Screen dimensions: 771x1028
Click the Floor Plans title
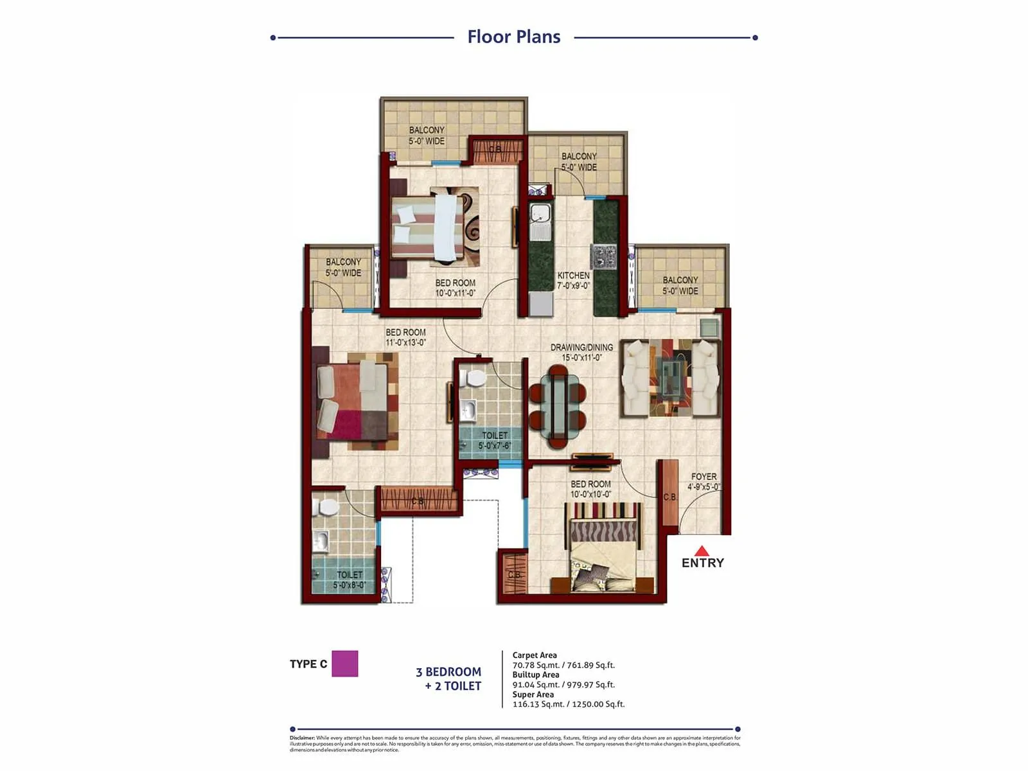(513, 37)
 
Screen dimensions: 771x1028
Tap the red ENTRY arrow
(702, 551)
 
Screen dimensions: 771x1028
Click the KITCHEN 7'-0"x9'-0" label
(573, 280)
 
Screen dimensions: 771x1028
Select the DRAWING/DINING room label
(581, 351)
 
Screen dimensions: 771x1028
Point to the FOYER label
(704, 481)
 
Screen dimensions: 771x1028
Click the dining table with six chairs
(557, 405)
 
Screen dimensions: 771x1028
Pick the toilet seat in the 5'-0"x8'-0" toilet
(328, 507)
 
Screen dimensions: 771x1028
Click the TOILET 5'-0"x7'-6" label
(495, 440)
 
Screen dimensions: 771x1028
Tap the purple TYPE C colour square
(344, 664)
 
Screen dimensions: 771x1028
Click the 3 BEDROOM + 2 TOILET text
(450, 678)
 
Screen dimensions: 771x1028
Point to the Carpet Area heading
(535, 655)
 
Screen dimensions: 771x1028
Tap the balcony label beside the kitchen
(579, 161)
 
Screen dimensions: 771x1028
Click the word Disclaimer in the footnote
(301, 738)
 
